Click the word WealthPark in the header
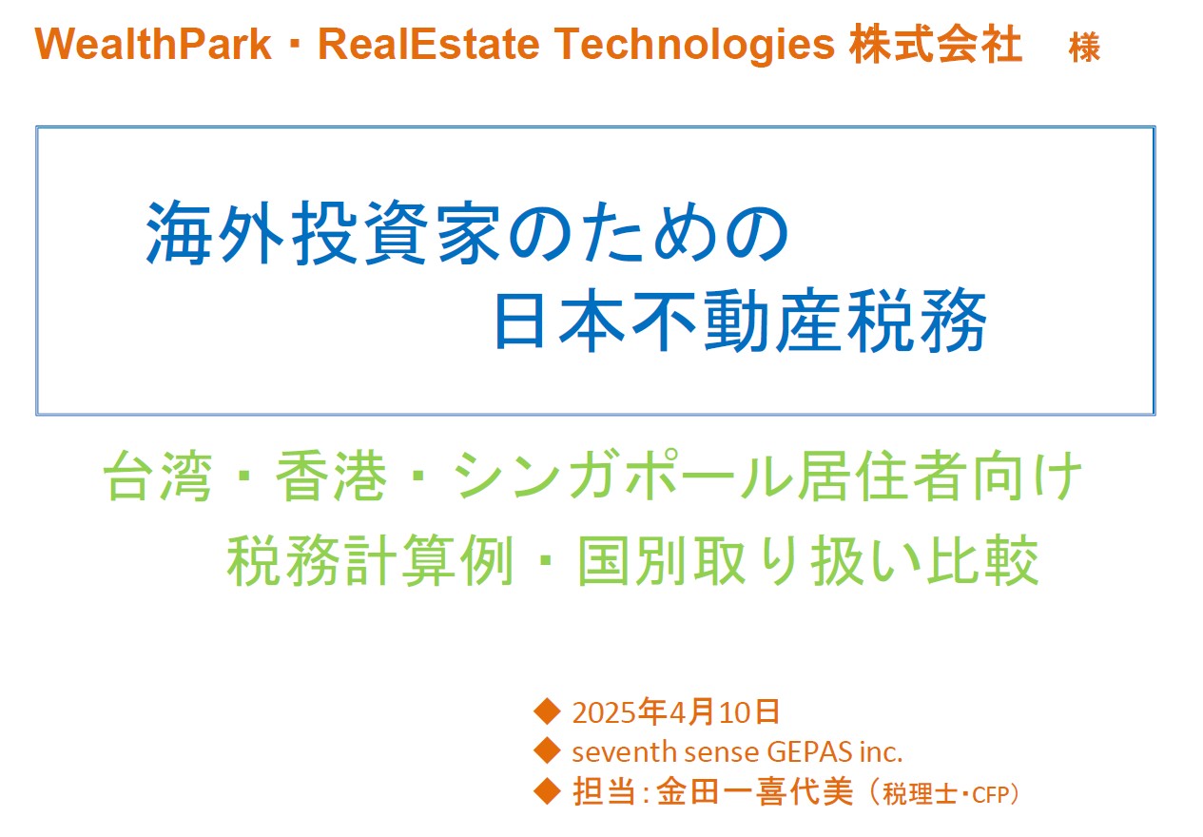(x=153, y=44)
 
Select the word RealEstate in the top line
(x=429, y=44)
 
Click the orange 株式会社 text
(x=935, y=44)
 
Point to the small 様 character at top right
(x=1084, y=48)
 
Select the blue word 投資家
(x=397, y=233)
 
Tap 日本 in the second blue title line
(x=559, y=321)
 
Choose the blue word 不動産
(x=736, y=321)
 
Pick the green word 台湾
(x=157, y=476)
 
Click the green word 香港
(x=331, y=476)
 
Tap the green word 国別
(x=631, y=560)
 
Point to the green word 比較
(x=982, y=560)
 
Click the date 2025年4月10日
(x=675, y=712)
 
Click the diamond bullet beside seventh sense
(x=547, y=750)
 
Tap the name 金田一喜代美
(x=754, y=792)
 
